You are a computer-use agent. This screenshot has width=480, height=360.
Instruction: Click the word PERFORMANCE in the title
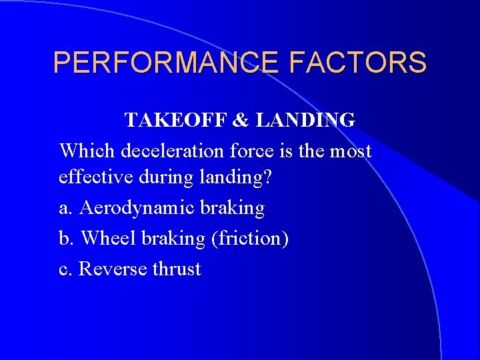[167, 63]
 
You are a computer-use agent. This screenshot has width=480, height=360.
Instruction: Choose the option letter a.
[65, 209]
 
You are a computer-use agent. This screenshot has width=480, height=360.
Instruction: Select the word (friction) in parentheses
[249, 239]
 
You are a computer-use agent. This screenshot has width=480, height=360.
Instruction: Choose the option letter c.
[65, 269]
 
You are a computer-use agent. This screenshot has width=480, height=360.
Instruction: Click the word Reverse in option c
[112, 269]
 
